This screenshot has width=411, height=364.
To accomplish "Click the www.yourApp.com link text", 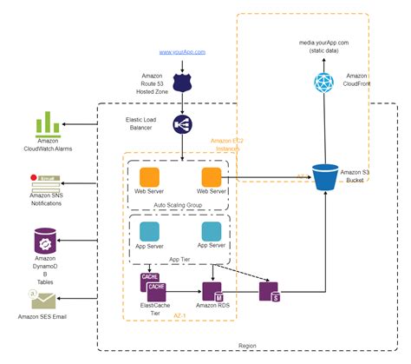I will pos(182,53).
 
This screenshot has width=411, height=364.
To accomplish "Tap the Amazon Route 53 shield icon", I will pos(182,83).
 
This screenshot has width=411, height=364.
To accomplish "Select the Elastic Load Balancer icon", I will pos(182,124).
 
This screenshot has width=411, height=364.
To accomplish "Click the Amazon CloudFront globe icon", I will pos(323,83).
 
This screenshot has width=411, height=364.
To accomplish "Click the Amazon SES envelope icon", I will pos(42,301).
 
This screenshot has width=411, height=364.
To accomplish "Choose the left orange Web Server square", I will pos(149,176).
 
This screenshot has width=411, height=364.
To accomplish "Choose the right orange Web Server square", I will pos(211,176).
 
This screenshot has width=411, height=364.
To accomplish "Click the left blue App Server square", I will pos(149,232).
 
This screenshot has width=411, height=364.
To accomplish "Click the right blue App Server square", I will pos(211,232).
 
